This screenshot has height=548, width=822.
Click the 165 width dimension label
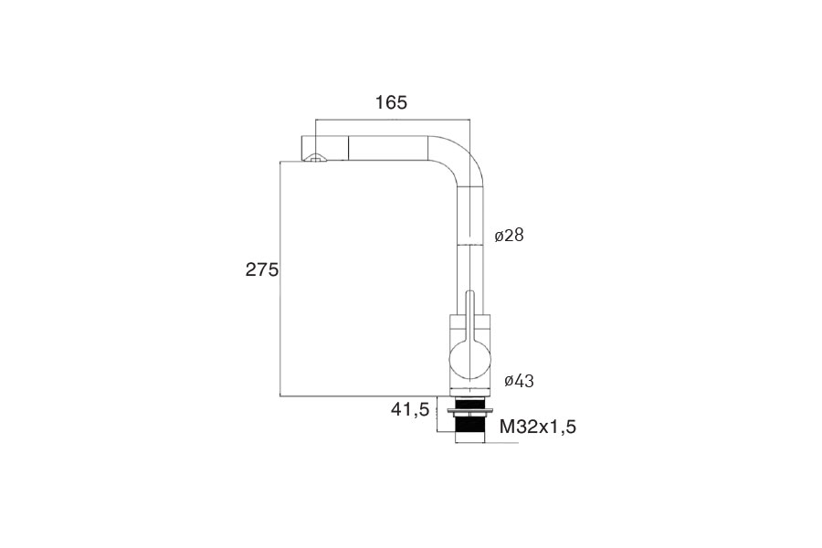391,102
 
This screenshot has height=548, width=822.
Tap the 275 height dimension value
262,269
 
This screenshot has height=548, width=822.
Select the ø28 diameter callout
509,235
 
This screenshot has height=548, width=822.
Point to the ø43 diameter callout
519,381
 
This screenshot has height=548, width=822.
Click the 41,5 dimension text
410,408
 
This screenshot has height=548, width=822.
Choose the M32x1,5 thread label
538,427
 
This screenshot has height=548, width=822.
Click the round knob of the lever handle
469,360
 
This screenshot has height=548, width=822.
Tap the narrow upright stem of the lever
469,314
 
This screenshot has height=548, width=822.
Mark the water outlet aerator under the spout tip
315,158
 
